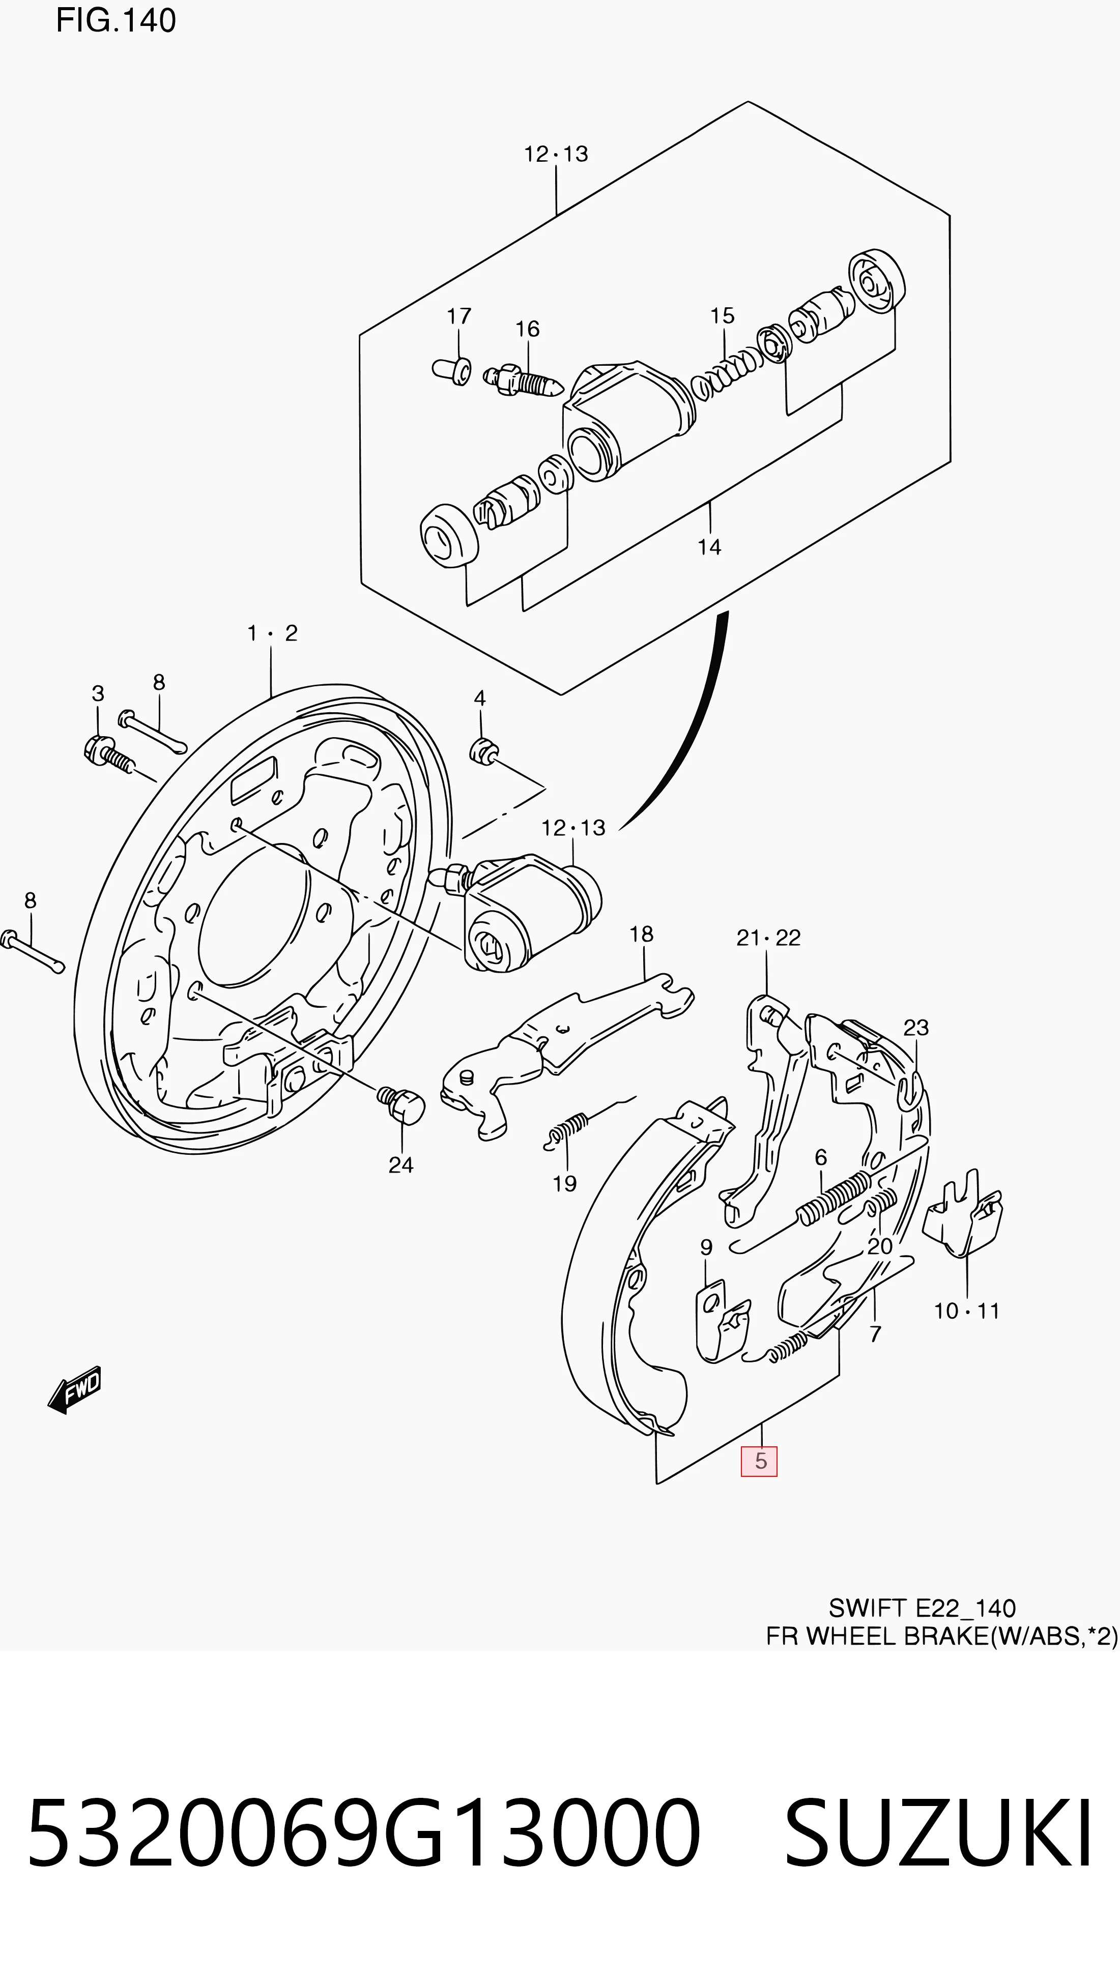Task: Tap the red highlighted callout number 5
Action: coord(759,1461)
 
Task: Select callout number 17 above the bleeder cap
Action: coord(459,316)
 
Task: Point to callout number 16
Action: coord(528,329)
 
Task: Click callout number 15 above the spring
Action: coord(722,315)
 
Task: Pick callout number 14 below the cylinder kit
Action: coord(709,547)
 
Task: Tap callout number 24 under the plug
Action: coord(401,1165)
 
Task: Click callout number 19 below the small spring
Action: coord(565,1183)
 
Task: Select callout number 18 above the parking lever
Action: coord(642,934)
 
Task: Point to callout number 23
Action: coord(916,1028)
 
